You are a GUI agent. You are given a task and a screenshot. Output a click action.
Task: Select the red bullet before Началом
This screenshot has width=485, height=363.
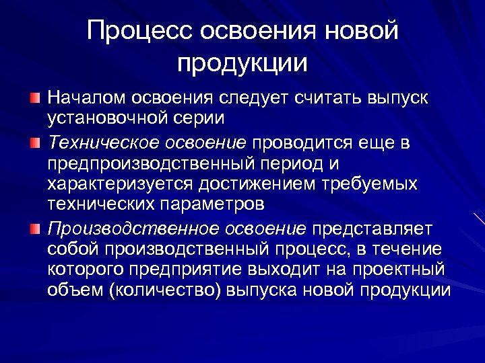pyautogui.click(x=34, y=98)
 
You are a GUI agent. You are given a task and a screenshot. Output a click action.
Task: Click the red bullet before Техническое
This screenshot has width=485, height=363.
pyautogui.click(x=34, y=143)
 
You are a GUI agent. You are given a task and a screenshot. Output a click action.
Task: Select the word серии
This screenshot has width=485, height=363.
pyautogui.click(x=201, y=118)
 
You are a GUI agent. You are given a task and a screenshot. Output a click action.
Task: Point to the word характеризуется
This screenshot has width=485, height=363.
pyautogui.click(x=120, y=184)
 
